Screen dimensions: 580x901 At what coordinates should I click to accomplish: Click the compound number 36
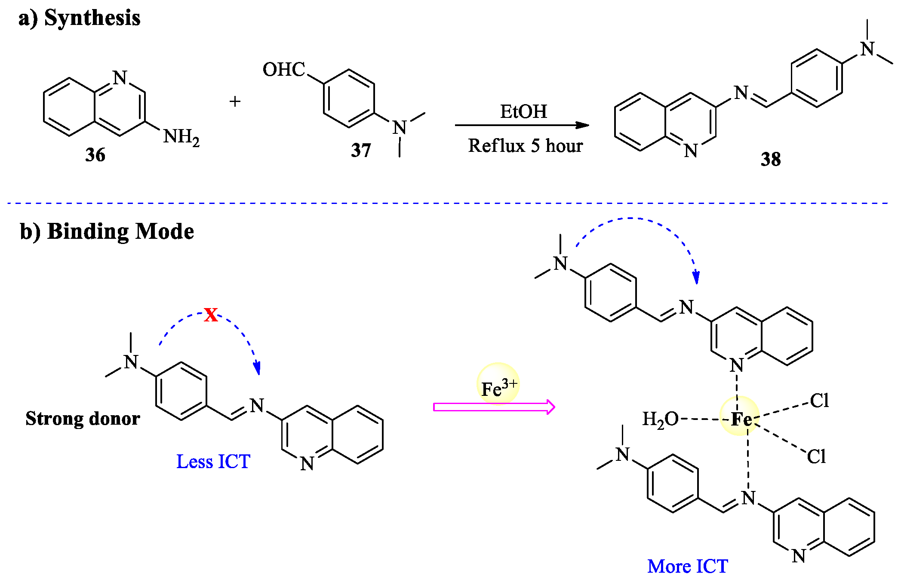click(95, 155)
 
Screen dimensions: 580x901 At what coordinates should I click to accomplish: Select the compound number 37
click(361, 151)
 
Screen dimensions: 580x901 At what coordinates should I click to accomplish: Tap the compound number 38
click(770, 159)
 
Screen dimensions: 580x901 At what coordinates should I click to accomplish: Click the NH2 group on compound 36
click(181, 137)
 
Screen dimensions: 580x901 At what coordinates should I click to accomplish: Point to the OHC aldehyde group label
click(284, 69)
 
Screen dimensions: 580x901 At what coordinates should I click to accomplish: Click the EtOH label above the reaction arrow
click(523, 112)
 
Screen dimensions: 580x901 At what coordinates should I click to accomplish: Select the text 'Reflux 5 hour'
click(525, 146)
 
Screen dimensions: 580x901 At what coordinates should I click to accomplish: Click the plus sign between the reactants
click(235, 102)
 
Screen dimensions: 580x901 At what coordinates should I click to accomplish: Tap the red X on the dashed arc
click(211, 315)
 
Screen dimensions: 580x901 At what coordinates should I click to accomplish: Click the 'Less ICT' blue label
click(213, 462)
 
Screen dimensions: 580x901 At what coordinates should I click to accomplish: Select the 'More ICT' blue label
click(687, 566)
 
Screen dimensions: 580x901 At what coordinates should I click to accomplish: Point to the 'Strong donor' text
click(83, 419)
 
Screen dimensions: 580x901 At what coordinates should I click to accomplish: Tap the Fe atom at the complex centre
click(741, 419)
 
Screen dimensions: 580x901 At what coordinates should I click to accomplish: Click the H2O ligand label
click(660, 419)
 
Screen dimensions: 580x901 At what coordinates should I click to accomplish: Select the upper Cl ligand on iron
click(819, 401)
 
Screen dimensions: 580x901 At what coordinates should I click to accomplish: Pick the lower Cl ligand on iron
click(816, 457)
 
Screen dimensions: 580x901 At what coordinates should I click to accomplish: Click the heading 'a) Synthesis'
click(80, 18)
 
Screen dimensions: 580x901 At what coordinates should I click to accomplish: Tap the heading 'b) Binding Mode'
click(107, 231)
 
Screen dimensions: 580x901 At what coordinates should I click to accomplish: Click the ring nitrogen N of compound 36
click(120, 77)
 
